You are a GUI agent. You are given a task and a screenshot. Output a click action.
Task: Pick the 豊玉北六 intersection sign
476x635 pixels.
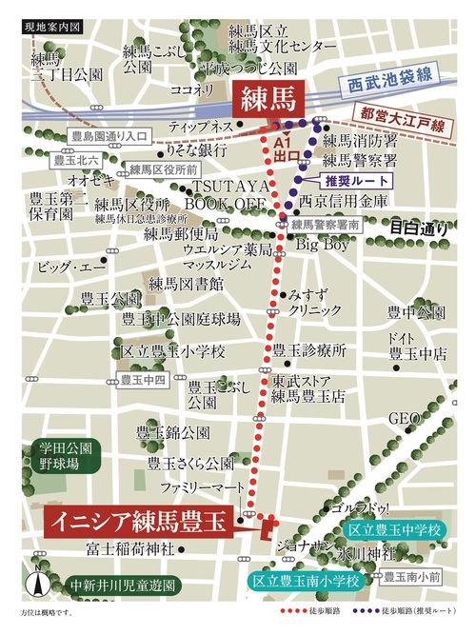(79, 160)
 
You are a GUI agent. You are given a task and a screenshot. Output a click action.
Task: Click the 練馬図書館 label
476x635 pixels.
(186, 284)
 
